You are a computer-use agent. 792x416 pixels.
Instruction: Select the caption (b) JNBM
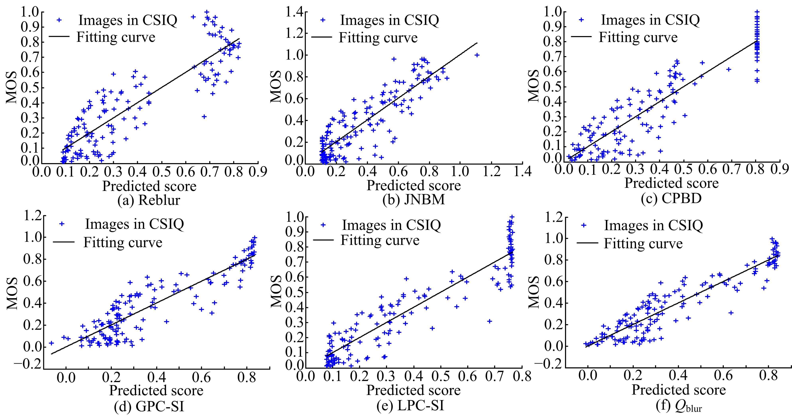coord(414,200)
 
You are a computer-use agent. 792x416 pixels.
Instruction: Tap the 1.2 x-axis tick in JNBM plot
coord(492,171)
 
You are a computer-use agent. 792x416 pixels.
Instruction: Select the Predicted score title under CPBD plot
coord(671,183)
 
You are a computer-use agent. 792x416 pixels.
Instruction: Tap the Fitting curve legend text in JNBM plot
coord(378,38)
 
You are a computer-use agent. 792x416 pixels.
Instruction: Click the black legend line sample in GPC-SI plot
coord(64,242)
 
